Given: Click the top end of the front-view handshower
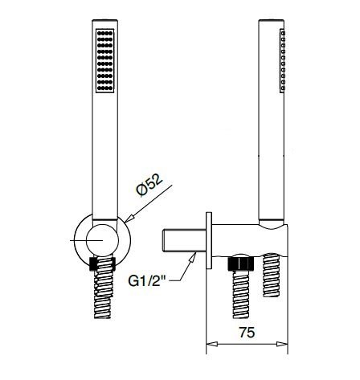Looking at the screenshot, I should [x=105, y=24].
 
